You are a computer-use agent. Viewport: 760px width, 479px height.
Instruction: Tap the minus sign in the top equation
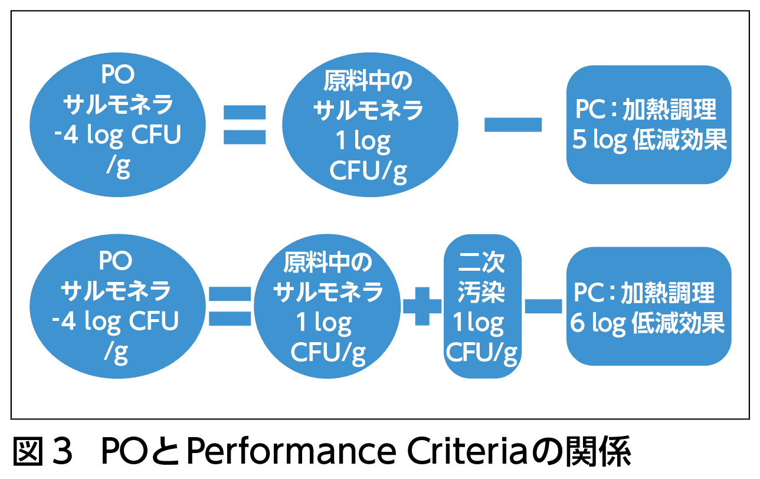(x=512, y=124)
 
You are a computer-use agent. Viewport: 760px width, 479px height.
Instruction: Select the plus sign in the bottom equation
(x=422, y=305)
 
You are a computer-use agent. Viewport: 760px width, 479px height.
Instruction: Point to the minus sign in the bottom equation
(x=543, y=305)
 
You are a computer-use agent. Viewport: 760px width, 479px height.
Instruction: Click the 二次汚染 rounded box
(x=483, y=306)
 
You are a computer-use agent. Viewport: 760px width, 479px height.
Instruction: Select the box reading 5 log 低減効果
(x=648, y=124)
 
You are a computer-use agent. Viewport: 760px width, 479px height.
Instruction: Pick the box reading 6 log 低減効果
(x=648, y=306)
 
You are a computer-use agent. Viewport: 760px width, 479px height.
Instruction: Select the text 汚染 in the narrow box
(x=481, y=293)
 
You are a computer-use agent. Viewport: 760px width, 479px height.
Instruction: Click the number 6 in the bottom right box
(x=578, y=324)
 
